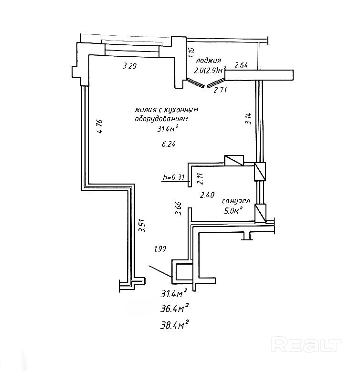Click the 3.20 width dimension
click(x=130, y=66)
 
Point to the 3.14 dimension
click(x=247, y=118)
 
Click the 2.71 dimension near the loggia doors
click(x=220, y=90)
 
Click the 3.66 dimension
click(x=178, y=209)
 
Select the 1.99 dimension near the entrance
click(x=160, y=248)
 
